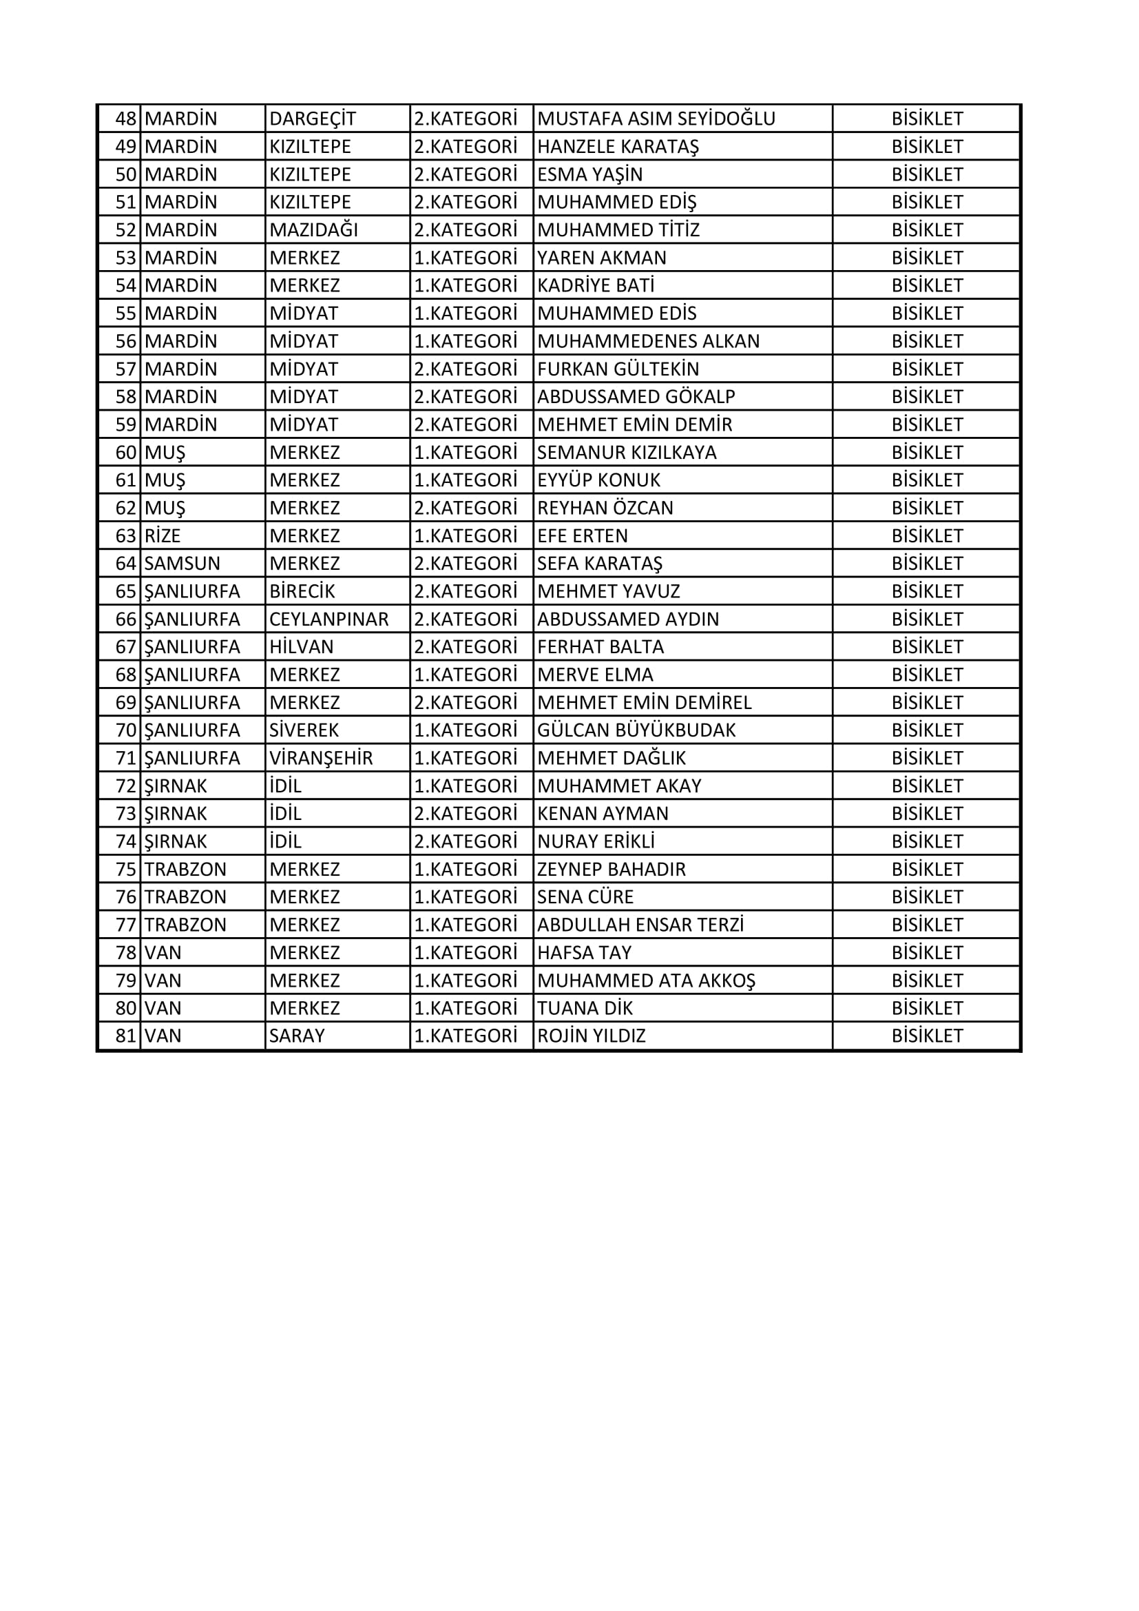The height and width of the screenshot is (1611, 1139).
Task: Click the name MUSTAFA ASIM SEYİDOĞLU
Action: (656, 119)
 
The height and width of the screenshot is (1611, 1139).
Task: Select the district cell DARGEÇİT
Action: (313, 119)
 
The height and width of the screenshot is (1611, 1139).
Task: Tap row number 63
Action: (125, 536)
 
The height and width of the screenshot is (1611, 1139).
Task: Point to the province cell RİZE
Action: (163, 536)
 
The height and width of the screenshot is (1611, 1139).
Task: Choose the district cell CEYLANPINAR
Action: (329, 619)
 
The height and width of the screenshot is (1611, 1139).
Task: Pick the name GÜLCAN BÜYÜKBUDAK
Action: (636, 730)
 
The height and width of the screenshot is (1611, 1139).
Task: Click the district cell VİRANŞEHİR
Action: (321, 759)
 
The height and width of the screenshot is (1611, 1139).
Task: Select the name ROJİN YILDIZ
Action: (592, 1036)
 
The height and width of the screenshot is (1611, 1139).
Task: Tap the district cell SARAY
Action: (297, 1036)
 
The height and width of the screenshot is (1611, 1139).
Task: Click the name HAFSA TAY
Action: (584, 953)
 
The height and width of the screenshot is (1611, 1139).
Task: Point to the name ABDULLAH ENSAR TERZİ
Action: (640, 925)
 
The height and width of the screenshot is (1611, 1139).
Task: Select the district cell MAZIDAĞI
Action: (313, 230)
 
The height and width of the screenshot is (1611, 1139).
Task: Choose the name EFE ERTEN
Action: (582, 536)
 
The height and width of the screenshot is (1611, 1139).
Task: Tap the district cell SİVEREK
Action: (304, 730)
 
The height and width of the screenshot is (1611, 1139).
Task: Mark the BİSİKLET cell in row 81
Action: (926, 1036)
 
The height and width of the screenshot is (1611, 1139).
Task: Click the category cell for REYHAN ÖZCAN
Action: (465, 508)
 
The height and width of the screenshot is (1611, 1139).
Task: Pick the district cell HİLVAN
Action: (302, 647)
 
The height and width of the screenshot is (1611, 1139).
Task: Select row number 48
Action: (125, 119)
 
